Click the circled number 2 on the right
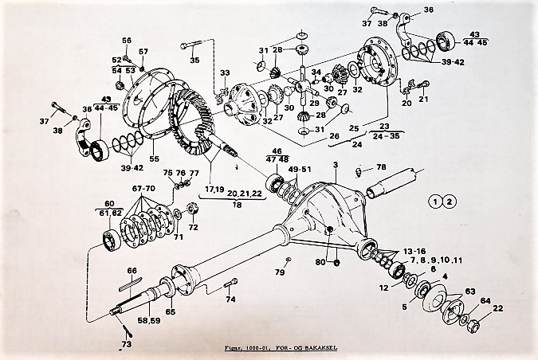pyautogui.click(x=450, y=200)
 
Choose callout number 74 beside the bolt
pyautogui.click(x=230, y=299)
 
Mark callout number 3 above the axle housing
pyautogui.click(x=336, y=165)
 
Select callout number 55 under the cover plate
pyautogui.click(x=155, y=159)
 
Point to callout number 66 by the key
pyautogui.click(x=132, y=271)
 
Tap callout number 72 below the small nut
pyautogui.click(x=193, y=228)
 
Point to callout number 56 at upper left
pyautogui.click(x=127, y=41)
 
